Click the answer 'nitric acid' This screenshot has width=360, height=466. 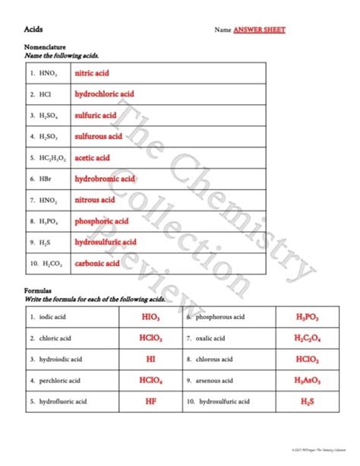pyautogui.click(x=92, y=74)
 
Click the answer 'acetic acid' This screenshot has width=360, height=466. pyautogui.click(x=92, y=158)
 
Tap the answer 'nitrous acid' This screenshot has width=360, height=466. pyautogui.click(x=95, y=200)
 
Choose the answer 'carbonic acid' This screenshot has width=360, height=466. pyautogui.click(x=97, y=264)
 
